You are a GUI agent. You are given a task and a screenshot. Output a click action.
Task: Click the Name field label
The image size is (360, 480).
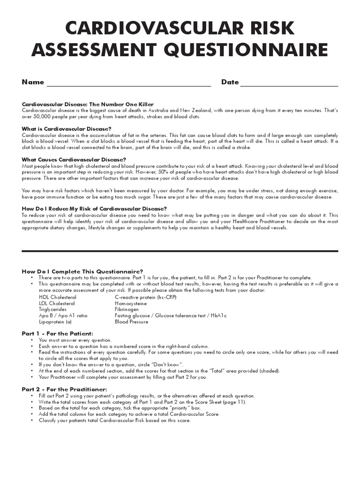[33, 82]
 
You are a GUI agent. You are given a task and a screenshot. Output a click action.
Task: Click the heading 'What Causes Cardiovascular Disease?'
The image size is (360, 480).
[74, 159]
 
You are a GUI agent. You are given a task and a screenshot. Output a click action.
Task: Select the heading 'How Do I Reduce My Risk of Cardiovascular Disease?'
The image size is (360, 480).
[95, 209]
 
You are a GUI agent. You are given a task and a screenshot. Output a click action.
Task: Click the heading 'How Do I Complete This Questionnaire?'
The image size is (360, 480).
[83, 271]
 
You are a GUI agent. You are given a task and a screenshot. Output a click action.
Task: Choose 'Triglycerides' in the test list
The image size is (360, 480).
[53, 309]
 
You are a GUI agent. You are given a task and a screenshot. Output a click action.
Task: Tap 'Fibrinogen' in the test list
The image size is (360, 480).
[127, 309]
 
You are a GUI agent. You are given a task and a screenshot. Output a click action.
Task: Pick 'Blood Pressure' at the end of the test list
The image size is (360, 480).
[131, 322]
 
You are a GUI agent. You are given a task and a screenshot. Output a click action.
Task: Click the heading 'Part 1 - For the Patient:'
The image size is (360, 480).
[61, 333]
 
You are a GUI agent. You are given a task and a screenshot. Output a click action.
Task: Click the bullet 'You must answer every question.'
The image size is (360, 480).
[75, 340]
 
